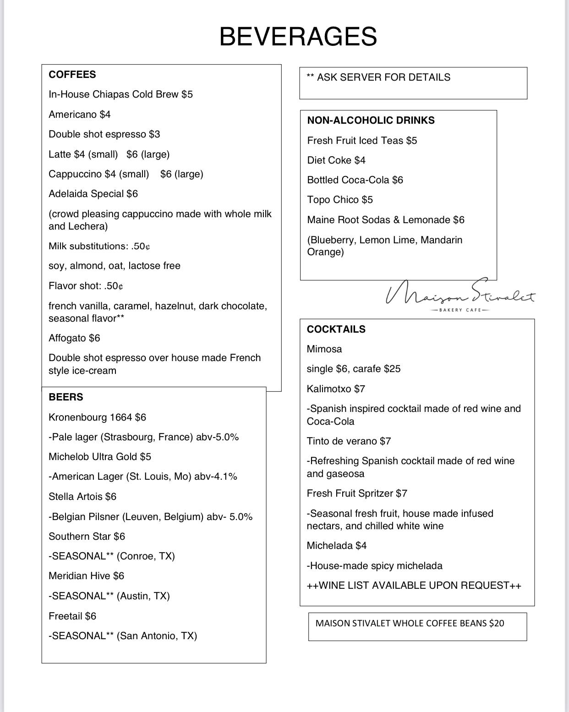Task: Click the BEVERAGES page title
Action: point(298,37)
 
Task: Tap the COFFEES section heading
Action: point(72,75)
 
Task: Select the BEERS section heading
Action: point(66,397)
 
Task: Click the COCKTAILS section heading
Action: point(336,329)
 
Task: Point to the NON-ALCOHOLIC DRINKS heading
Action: point(371,120)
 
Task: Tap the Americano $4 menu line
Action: point(80,115)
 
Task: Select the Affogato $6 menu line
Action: point(74,338)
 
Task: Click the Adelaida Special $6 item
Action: point(93,194)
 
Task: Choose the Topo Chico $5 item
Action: point(340,200)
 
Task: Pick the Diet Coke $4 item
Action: point(336,160)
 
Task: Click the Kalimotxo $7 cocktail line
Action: point(336,389)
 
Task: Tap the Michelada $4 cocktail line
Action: point(337,546)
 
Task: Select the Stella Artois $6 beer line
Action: point(82,497)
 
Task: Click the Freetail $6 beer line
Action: point(72,616)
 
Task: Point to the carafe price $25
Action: point(392,369)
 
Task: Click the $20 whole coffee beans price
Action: point(496,623)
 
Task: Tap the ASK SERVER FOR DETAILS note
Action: point(379,77)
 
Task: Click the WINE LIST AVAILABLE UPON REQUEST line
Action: point(414,586)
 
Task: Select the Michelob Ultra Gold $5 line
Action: point(100,457)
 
